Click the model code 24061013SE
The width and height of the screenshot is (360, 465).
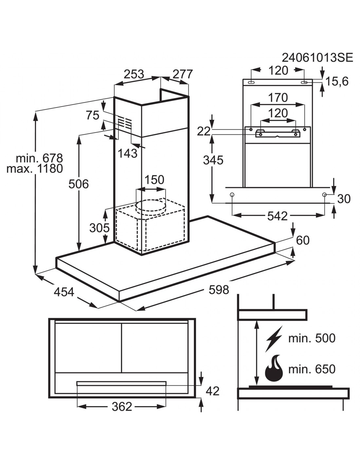click(317, 58)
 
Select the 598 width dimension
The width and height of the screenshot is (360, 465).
click(219, 290)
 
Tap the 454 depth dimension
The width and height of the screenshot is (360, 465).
click(64, 292)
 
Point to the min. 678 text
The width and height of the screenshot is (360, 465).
click(39, 158)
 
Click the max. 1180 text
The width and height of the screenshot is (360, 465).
click(35, 169)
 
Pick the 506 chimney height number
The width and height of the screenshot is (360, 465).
click(79, 184)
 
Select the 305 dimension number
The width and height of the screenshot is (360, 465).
click(99, 228)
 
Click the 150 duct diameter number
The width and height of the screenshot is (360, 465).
click(154, 180)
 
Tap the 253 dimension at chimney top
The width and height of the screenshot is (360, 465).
click(134, 74)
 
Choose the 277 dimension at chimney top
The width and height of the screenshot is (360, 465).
click(183, 74)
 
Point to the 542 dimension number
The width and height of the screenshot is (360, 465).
click(278, 216)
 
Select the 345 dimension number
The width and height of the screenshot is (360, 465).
click(213, 160)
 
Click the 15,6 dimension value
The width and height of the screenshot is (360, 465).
click(337, 81)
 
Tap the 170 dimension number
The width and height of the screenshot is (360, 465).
click(278, 97)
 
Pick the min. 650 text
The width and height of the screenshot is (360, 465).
click(312, 369)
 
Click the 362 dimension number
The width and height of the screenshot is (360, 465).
click(122, 406)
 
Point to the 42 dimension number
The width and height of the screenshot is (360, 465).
click(213, 391)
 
